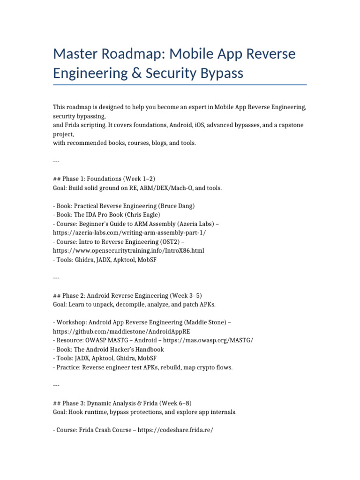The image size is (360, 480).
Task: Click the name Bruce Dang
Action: (x=176, y=206)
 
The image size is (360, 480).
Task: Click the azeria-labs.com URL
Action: (x=129, y=232)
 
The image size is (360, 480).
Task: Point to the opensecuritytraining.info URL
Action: (x=128, y=250)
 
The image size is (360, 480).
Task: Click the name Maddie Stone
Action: (x=206, y=322)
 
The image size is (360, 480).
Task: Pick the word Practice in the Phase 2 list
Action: (x=68, y=367)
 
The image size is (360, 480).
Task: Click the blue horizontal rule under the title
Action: (x=180, y=85)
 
